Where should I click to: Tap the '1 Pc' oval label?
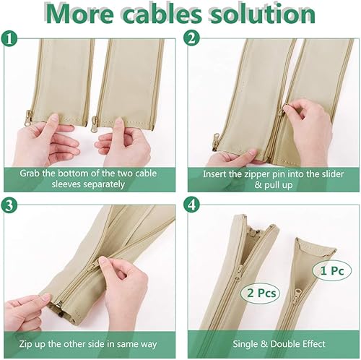pos(329,270)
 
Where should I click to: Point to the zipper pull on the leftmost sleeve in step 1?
pos(29,116)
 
